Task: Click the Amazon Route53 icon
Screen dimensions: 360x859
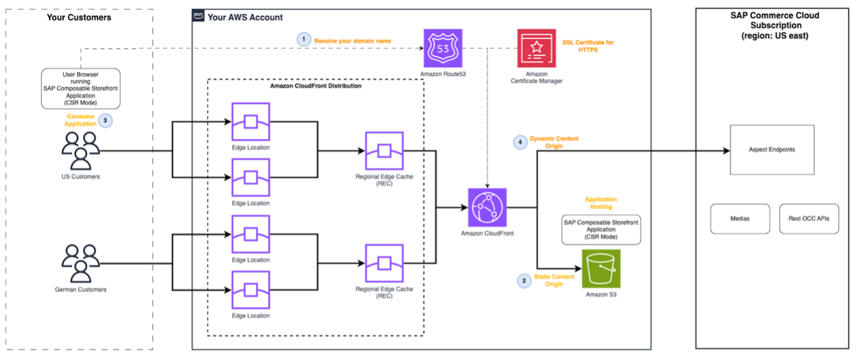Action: tap(443, 48)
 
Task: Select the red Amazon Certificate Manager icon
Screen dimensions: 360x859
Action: tap(536, 48)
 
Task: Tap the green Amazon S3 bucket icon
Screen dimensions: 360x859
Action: tap(601, 269)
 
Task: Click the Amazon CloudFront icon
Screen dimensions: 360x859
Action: tap(487, 207)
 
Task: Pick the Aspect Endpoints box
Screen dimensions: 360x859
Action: tap(771, 150)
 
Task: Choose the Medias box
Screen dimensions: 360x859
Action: tap(740, 218)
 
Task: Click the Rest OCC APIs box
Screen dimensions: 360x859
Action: tap(809, 218)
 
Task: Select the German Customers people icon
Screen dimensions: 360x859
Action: tap(81, 264)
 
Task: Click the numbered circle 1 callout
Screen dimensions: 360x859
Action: tap(303, 40)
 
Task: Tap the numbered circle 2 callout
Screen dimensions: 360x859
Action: tap(524, 281)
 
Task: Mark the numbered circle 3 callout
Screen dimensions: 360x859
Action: tap(105, 120)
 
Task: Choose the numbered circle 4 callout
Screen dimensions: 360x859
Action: tap(520, 143)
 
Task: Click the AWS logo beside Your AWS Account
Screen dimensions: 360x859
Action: tap(199, 16)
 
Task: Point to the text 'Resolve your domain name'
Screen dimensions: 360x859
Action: tap(353, 40)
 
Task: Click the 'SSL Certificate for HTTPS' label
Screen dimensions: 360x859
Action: tap(588, 46)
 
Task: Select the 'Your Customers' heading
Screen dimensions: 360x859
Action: tap(79, 17)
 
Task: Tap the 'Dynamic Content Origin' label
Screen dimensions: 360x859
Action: tap(554, 142)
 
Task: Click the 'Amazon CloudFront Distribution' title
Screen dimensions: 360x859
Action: tap(315, 86)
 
